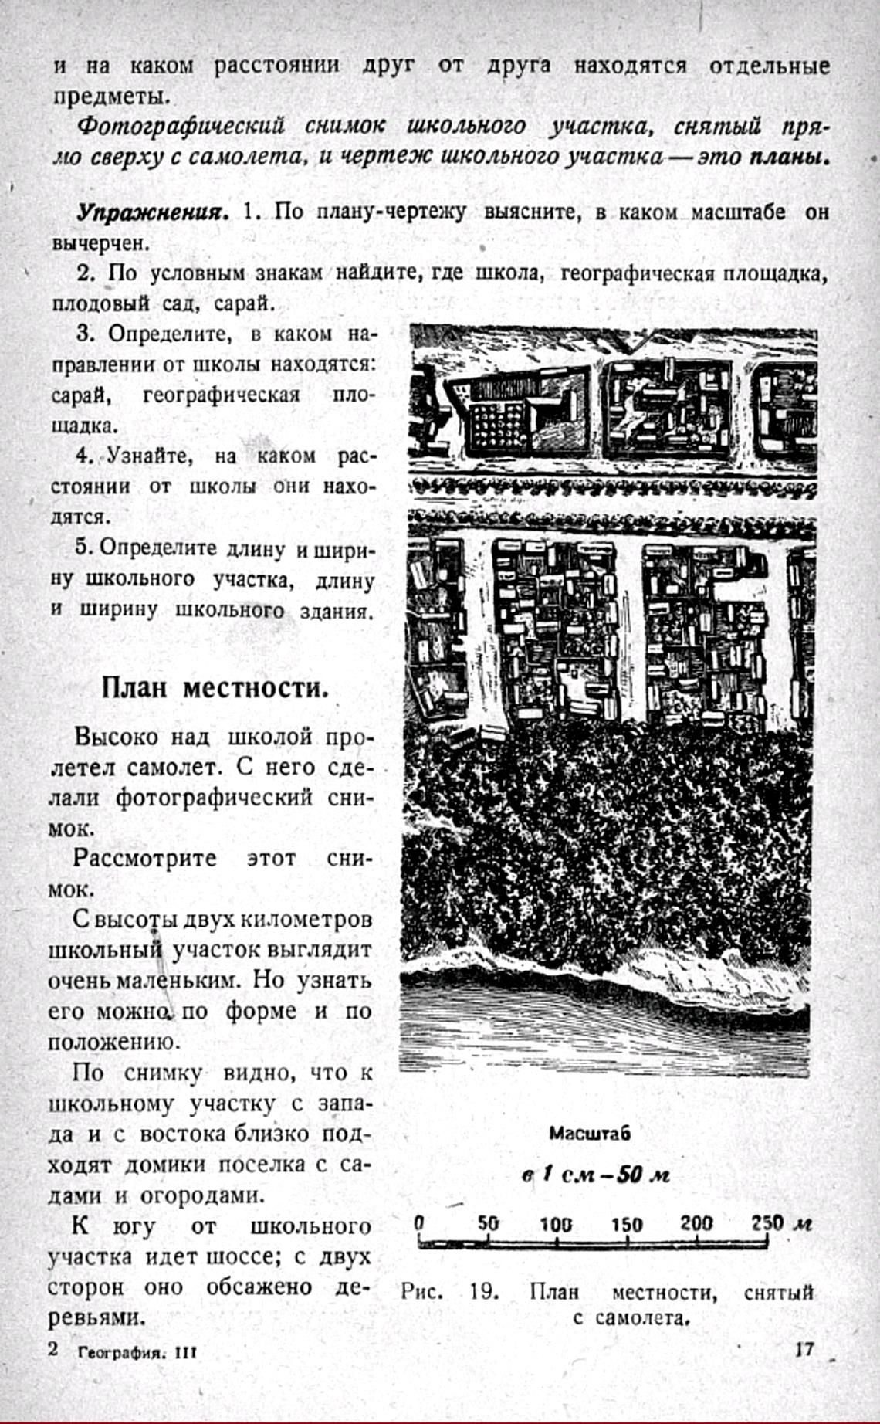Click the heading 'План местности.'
pyautogui.click(x=215, y=687)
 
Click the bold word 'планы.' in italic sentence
pyautogui.click(x=789, y=157)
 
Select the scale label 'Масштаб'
pyautogui.click(x=590, y=1134)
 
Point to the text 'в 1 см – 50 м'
pyautogui.click(x=595, y=1175)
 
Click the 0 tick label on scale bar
pyautogui.click(x=419, y=1223)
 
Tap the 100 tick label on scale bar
pyautogui.click(x=556, y=1224)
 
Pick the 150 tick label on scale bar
pyautogui.click(x=627, y=1224)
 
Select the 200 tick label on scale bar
pyautogui.click(x=696, y=1223)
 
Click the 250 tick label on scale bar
pyautogui.click(x=768, y=1223)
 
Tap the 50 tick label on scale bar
pyautogui.click(x=488, y=1224)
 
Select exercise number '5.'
pyautogui.click(x=85, y=548)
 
